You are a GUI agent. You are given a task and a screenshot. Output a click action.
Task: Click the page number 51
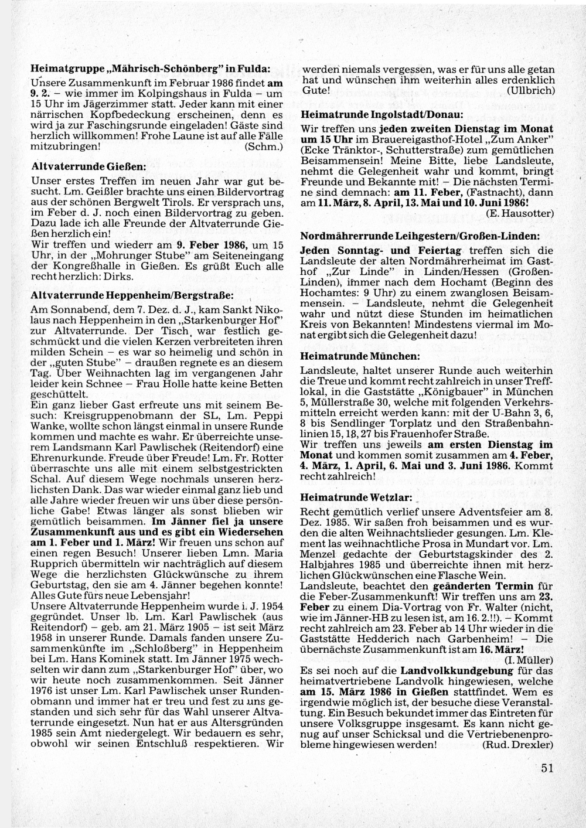click(547, 768)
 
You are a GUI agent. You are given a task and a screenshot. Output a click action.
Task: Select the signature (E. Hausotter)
click(520, 214)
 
